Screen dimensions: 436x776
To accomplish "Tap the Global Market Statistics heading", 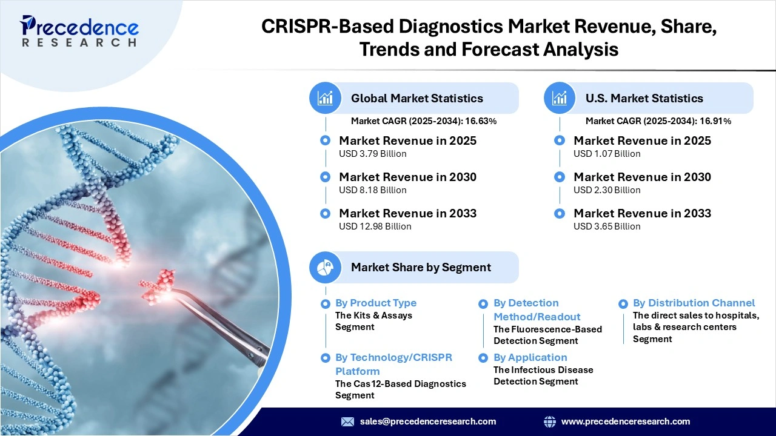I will [416, 98].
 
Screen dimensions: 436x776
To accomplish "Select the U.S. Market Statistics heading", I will [644, 98].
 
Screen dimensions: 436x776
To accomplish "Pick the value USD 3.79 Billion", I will [372, 154].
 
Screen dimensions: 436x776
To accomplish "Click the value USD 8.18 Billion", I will [372, 190].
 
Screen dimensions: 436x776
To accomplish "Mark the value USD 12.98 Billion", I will [375, 226].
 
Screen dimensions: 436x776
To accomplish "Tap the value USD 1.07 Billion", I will [607, 154].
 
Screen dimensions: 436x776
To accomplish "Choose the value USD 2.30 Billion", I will [607, 190].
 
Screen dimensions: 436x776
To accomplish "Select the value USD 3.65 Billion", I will [607, 226].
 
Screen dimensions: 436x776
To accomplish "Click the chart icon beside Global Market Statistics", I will [326, 98].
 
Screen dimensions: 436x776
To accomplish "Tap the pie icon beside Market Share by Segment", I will [326, 267].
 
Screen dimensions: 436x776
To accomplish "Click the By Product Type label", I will [376, 303].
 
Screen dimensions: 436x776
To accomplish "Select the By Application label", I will [530, 357].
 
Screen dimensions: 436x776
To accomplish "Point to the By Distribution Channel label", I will [694, 303].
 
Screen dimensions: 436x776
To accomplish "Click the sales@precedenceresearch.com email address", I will [427, 421].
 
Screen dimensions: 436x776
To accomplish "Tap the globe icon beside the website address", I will [550, 421].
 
